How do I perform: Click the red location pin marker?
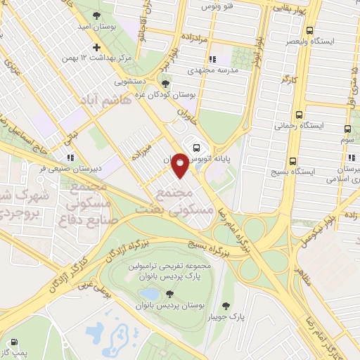pyautogui.click(x=181, y=165)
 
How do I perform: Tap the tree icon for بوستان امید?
pyautogui.click(x=97, y=15)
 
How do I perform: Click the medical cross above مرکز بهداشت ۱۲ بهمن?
pyautogui.click(x=87, y=46)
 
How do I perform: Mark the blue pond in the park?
pyautogui.click(x=148, y=293)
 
